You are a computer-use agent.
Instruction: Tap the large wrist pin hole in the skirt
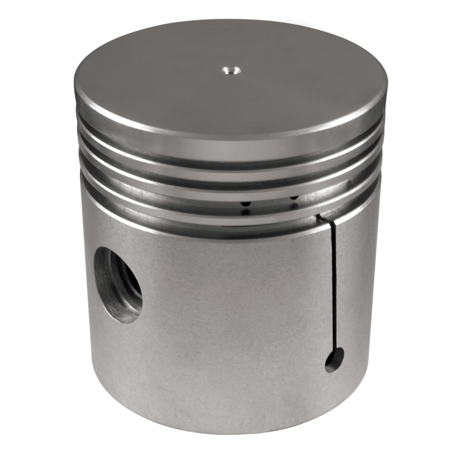pos(118,285)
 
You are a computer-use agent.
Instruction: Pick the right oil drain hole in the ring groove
pos(294,197)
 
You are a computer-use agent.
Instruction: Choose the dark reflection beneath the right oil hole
pos(294,206)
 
